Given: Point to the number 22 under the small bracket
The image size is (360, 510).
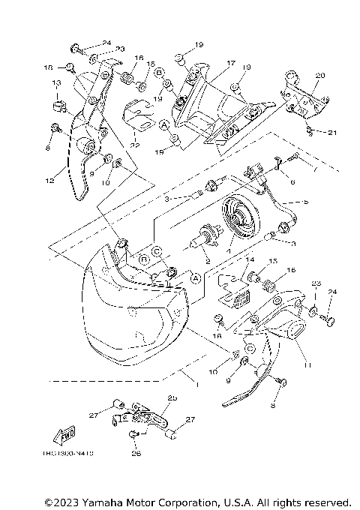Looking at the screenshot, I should tap(135, 145).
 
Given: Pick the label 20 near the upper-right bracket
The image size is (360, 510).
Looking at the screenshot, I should tap(320, 76).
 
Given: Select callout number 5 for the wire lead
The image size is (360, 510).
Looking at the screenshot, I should tap(304, 202).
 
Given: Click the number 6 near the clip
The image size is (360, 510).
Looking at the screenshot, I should tap(291, 181).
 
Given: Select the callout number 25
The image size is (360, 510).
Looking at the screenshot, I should tap(172, 397).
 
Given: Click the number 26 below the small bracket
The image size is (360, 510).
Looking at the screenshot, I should tap(136, 452).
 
